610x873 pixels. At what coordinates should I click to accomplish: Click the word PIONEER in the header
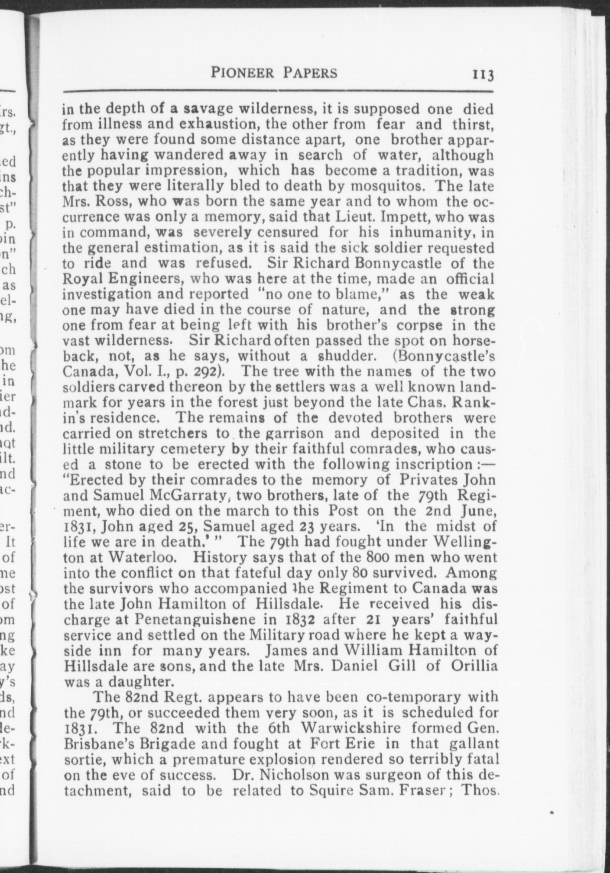pos(243,73)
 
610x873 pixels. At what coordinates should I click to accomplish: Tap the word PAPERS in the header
pos(310,73)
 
